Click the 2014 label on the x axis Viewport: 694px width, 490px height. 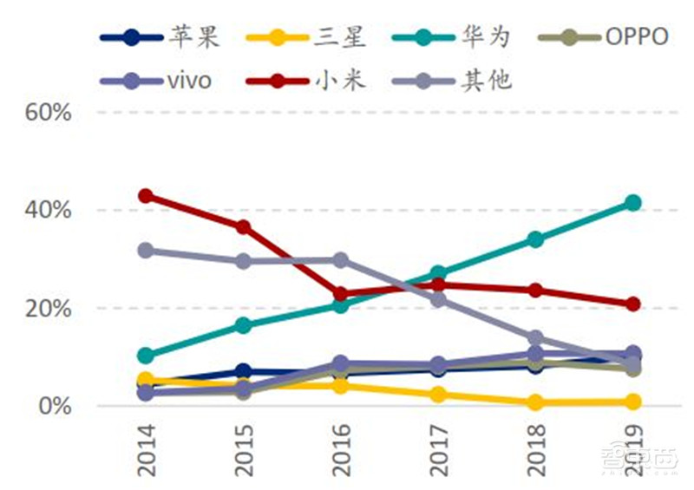[x=146, y=449]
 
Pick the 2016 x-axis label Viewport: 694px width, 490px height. [x=341, y=449]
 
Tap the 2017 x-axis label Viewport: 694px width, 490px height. [x=438, y=449]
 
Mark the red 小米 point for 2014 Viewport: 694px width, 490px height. [x=146, y=196]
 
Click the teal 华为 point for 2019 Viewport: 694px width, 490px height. [x=633, y=203]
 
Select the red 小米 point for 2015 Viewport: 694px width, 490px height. [x=244, y=227]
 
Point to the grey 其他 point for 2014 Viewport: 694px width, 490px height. [x=146, y=251]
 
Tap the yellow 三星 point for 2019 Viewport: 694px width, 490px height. [x=633, y=402]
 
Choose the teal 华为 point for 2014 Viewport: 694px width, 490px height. [x=146, y=356]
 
